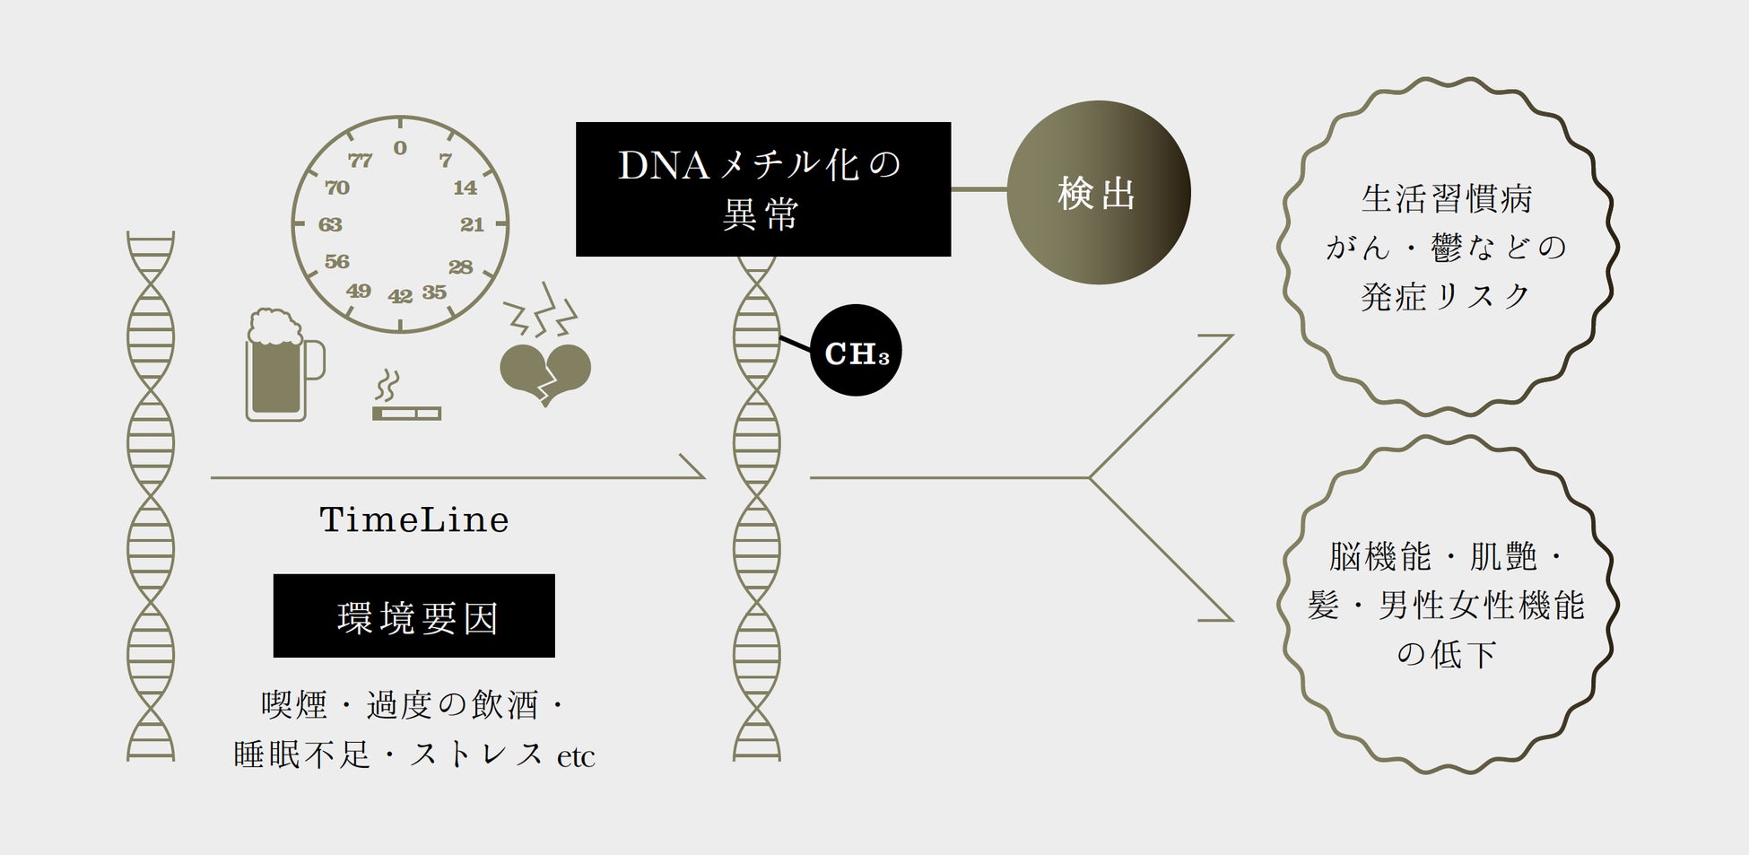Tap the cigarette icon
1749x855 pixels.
406,413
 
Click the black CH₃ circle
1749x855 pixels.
856,351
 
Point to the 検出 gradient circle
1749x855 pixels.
1098,192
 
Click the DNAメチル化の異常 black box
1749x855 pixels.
762,189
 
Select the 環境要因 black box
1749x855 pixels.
414,616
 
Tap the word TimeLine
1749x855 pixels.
414,519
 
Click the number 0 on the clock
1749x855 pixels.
400,148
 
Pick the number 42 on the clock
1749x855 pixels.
400,296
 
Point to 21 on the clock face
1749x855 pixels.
473,224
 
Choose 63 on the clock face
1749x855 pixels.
330,224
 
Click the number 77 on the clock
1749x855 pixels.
360,161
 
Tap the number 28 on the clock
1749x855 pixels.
461,266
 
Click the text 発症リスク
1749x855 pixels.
1446,296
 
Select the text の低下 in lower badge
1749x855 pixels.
1446,653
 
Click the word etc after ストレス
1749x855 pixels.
576,757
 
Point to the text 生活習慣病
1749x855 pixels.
1446,198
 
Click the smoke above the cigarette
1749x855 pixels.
387,387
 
